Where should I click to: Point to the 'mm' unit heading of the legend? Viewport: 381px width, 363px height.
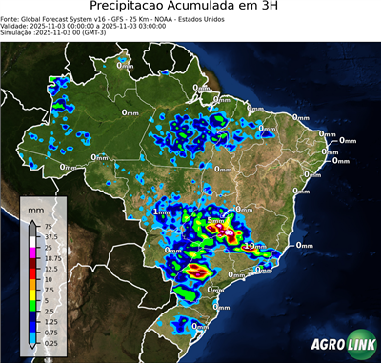click(x=36, y=207)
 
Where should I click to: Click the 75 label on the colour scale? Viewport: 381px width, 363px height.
click(x=50, y=228)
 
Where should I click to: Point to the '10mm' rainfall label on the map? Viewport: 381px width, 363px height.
click(x=255, y=246)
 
